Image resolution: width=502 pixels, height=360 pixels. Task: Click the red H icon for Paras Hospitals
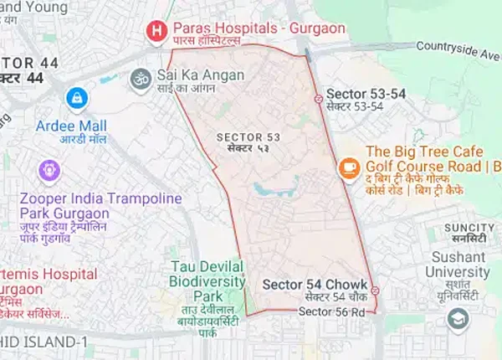155,33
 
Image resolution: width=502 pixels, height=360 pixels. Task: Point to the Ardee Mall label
70,126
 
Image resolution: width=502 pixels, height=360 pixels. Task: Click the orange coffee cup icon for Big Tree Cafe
347,167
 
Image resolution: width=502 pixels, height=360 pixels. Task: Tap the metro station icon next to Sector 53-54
318,99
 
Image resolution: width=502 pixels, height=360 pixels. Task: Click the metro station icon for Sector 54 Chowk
375,291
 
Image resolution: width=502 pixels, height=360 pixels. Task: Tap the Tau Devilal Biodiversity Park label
207,281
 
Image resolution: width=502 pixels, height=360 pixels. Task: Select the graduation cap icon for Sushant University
458,318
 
